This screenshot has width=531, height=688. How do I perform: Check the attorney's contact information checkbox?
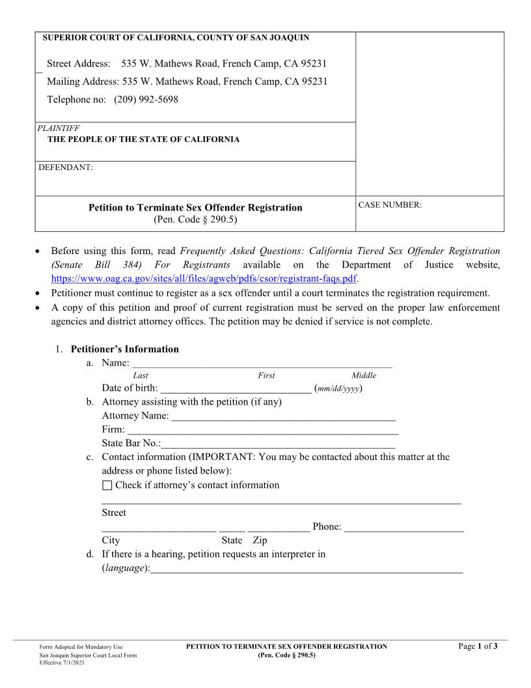(x=107, y=485)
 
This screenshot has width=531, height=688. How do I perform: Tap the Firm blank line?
(x=263, y=430)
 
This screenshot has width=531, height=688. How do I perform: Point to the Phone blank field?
(x=404, y=526)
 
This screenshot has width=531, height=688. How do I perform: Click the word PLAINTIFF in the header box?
(x=59, y=128)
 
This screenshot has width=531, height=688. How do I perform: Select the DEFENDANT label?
(x=66, y=167)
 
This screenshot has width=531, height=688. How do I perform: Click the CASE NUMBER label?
(x=390, y=205)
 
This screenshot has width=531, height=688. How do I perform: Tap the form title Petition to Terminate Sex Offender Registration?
(x=195, y=208)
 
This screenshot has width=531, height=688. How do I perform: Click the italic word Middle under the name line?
(x=364, y=375)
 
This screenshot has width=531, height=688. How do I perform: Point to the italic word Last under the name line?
(x=140, y=375)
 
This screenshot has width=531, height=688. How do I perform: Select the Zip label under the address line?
(x=260, y=541)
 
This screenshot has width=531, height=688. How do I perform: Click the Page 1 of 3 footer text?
(x=478, y=646)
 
